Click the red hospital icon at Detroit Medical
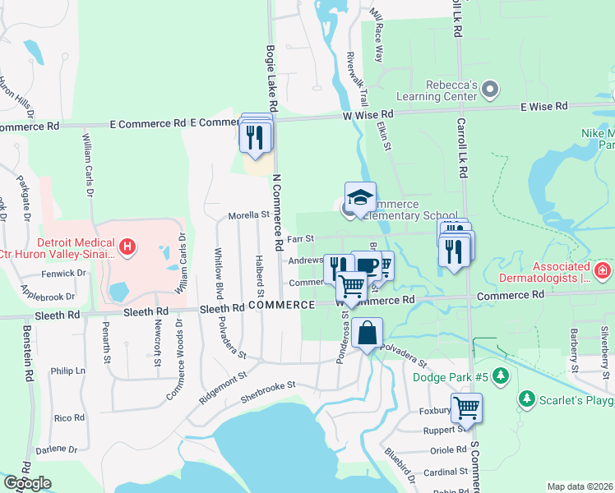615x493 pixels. coord(127,246)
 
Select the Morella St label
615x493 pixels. coord(250,215)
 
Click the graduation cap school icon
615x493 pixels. coord(360,198)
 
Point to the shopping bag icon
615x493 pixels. coord(368,334)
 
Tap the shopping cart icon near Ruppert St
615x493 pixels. coord(466,407)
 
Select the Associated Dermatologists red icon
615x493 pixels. coord(603,269)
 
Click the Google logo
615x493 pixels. coord(28,483)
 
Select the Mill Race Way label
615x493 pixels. coord(377,37)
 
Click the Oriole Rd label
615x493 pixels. coord(449,450)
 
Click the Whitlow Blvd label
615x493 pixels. coord(219,273)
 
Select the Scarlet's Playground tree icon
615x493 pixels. coord(527,399)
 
